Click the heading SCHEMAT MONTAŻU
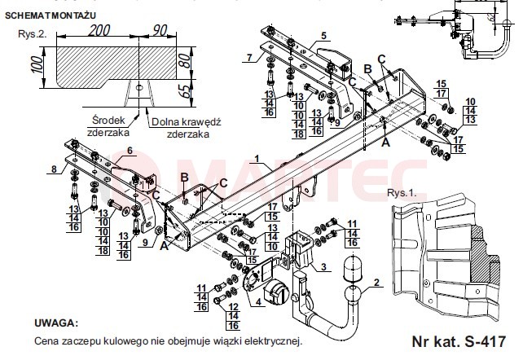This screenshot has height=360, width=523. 51,15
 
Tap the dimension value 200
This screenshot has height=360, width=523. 99,31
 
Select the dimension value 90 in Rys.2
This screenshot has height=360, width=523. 160,30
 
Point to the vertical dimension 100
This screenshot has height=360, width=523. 38,64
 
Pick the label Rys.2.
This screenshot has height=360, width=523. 33,34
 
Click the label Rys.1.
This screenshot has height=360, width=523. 402,193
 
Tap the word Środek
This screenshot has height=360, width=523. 108,121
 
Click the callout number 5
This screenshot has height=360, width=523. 324,35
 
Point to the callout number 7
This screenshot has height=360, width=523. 249,57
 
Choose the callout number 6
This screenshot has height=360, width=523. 130,151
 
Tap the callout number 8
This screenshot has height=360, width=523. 54,169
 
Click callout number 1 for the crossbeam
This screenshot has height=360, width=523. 257,158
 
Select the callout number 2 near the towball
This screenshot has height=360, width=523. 376,283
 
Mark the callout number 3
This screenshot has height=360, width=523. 323,266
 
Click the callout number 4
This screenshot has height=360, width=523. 258,302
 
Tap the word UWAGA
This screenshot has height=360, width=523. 56,323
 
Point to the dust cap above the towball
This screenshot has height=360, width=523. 352,267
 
